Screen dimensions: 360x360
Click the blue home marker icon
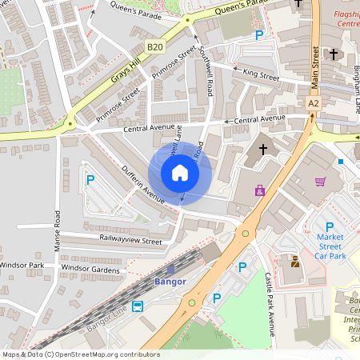[x=180, y=173]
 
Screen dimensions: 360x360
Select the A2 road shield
[x=314, y=103]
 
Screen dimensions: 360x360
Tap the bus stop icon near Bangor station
[x=138, y=306]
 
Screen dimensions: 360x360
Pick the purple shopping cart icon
[x=321, y=182]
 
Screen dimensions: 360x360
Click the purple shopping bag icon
[x=259, y=190]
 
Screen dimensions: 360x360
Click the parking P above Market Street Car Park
[x=329, y=227]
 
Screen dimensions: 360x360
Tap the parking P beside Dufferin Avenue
[x=90, y=181]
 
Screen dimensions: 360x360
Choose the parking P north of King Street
[x=258, y=35]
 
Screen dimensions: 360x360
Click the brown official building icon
[x=294, y=261]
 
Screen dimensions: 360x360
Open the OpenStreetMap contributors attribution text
[x=81, y=354]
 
